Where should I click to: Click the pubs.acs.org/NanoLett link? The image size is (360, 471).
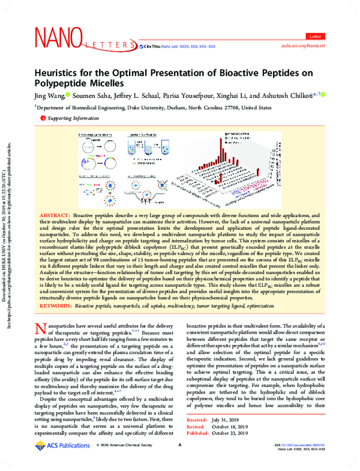[308, 45]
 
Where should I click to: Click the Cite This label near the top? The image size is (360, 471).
[150, 46]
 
